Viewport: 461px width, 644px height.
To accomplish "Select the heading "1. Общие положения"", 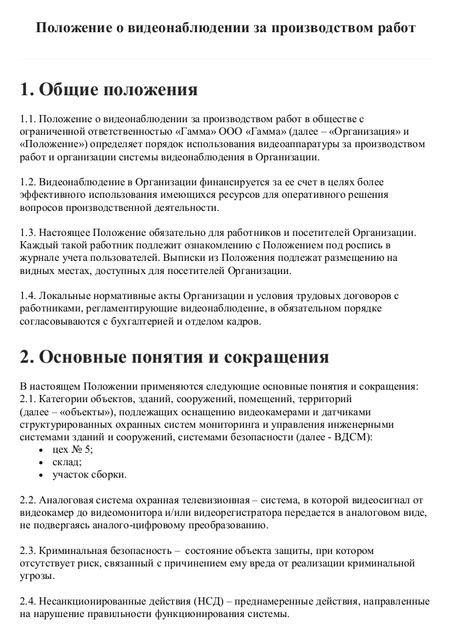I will pyautogui.click(x=108, y=89).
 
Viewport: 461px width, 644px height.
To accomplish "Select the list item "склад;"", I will pyautogui.click(x=67, y=462).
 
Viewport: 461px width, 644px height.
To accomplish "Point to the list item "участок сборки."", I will pyautogui.click(x=89, y=474).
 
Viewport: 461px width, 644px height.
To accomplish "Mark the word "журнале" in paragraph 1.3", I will pyautogui.click(x=39, y=258).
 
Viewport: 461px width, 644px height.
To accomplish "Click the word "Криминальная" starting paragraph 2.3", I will pyautogui.click(x=68, y=551).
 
